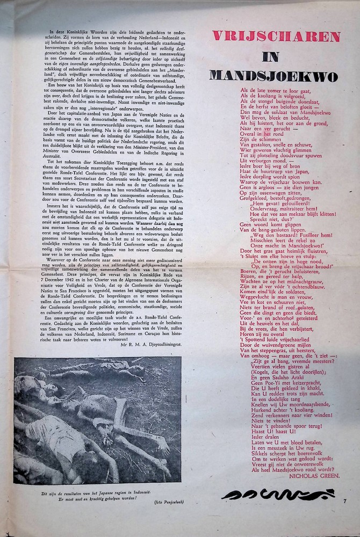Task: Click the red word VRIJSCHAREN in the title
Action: point(276,37)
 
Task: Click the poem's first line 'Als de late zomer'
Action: point(271,90)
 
